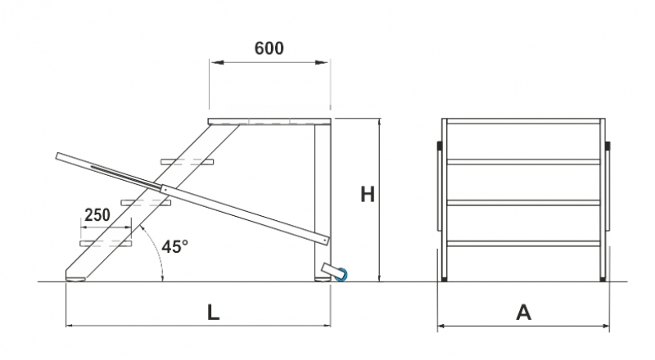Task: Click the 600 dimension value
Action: pyautogui.click(x=269, y=48)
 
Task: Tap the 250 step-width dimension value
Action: pyautogui.click(x=97, y=215)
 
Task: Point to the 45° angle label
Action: pyautogui.click(x=175, y=246)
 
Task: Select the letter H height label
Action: pyautogui.click(x=368, y=195)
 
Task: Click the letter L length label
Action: pyautogui.click(x=214, y=313)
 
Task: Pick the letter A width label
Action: pyautogui.click(x=523, y=313)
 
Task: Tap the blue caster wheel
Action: pyautogui.click(x=341, y=274)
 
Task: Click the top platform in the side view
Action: pyautogui.click(x=269, y=122)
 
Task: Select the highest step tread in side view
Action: pyautogui.click(x=187, y=162)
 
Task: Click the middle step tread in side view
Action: pyautogui.click(x=147, y=203)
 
